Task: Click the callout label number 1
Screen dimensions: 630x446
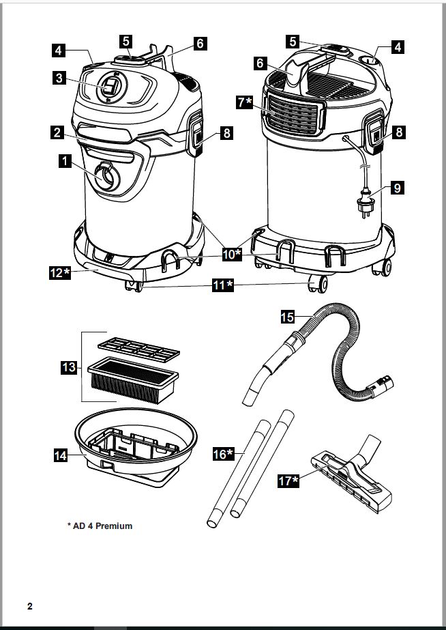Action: (63, 161)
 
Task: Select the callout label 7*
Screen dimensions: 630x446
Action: (244, 102)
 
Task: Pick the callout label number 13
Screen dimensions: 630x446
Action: (68, 367)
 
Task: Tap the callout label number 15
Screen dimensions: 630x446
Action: (288, 316)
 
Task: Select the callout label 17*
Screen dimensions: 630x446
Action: (288, 481)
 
